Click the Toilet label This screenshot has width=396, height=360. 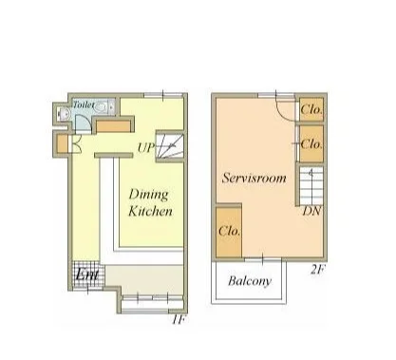pos(84,104)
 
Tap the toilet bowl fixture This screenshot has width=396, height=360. pos(101,107)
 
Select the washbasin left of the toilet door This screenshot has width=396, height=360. pos(63,113)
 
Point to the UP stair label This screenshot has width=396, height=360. pos(146,147)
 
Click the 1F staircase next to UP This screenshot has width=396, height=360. pos(170,146)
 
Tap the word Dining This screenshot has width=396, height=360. pos(148,195)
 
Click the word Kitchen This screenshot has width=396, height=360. pos(150,211)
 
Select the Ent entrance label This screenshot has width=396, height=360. pos(86,275)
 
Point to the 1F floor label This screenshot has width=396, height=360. pos(179,320)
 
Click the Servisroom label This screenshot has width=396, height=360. pos(255,178)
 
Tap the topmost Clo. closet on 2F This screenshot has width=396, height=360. pos(311,109)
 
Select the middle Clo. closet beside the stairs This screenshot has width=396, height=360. pos(311,144)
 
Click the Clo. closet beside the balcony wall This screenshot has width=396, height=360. pos(229,232)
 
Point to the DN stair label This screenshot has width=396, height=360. pos(312,211)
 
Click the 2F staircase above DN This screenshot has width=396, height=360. pos(311,186)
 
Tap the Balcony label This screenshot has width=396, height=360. pos(250,281)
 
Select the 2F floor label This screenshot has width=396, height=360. pos(317,270)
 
